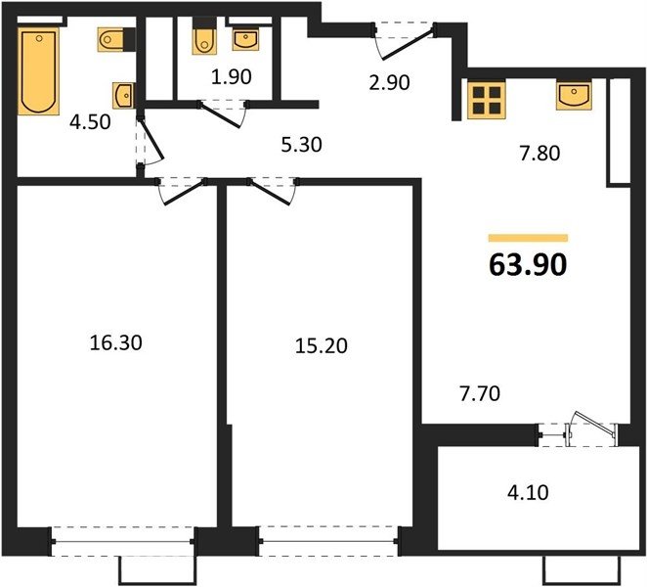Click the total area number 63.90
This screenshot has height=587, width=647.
(x=528, y=265)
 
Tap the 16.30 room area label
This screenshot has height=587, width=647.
(x=116, y=342)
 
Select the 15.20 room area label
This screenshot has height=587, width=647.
(x=322, y=345)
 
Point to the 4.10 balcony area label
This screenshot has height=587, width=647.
(x=529, y=492)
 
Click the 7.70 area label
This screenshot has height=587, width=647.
(x=480, y=393)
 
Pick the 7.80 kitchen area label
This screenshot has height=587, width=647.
(x=539, y=154)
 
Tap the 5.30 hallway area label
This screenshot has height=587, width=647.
(x=302, y=145)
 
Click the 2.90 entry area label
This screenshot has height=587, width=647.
(x=390, y=82)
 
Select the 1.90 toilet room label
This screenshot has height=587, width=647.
(x=231, y=77)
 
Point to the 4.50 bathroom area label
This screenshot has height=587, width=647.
(x=90, y=122)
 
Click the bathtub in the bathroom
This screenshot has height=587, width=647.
(x=39, y=71)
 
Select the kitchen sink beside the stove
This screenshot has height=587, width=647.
(x=574, y=96)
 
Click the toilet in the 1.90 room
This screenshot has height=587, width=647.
(x=203, y=41)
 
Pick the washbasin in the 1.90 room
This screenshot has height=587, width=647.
(x=245, y=39)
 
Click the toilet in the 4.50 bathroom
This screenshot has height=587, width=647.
(x=111, y=40)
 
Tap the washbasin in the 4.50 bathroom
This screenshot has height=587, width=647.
(x=122, y=96)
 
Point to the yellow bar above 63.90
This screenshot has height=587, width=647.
(x=528, y=238)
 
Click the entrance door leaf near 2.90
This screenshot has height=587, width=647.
(x=409, y=42)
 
